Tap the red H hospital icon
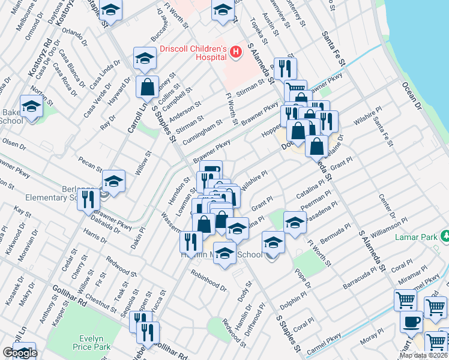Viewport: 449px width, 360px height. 236,53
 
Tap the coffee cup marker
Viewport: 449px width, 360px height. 412,321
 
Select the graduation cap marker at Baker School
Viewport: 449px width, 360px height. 31,106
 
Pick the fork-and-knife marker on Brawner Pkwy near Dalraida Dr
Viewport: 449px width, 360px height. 88,199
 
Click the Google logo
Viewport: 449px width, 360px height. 20,353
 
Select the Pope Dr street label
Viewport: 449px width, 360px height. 302,277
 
